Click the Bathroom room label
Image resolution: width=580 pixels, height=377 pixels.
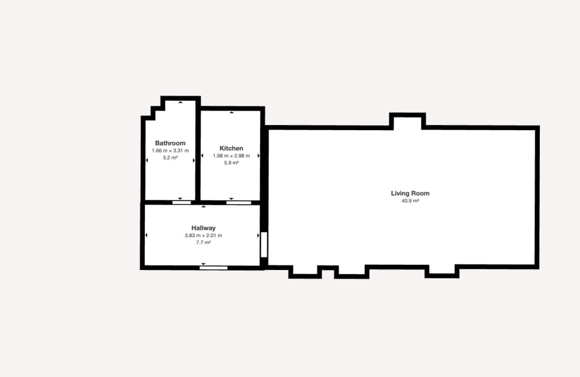pos(170,143)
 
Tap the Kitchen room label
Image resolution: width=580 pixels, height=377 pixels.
pos(231,148)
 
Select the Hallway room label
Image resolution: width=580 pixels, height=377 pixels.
pos(203,228)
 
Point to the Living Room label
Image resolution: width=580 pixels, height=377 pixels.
pos(410,193)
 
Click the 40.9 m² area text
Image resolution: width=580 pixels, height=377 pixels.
pos(410,201)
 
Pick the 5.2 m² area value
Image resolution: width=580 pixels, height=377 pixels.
pos(170,158)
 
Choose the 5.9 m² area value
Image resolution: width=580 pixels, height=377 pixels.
pos(231,163)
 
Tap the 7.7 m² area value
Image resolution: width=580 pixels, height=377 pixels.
pos(203,243)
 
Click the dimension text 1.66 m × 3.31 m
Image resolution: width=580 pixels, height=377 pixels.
pos(170,151)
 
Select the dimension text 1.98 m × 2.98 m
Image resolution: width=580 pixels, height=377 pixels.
pos(231,156)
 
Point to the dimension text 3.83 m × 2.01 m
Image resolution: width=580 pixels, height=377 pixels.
pos(203,235)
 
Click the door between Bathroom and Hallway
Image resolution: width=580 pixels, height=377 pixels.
pos(182,203)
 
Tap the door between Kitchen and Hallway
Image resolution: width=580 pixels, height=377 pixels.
pos(238,203)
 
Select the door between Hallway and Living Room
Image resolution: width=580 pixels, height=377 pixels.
pos(264,245)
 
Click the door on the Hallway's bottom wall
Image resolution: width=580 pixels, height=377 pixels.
pos(214,268)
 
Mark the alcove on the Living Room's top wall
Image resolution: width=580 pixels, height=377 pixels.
pos(407,122)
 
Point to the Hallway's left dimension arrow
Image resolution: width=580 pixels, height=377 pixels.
pos(147,235)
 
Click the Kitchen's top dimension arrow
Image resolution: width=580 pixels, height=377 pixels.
pos(232,112)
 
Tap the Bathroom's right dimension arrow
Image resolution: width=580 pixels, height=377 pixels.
pos(194,160)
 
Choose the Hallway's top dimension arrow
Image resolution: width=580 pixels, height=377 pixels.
pos(203,207)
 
